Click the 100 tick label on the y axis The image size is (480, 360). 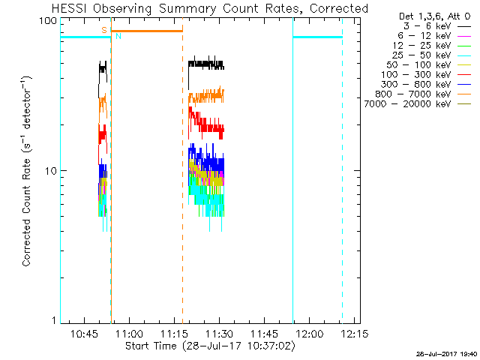pyautogui.click(x=47, y=21)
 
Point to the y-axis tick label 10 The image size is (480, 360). pyautogui.click(x=50, y=171)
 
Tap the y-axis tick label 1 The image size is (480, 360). pyautogui.click(x=53, y=321)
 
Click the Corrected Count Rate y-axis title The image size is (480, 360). pyautogui.click(x=26, y=171)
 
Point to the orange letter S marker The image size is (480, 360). pyautogui.click(x=104, y=30)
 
